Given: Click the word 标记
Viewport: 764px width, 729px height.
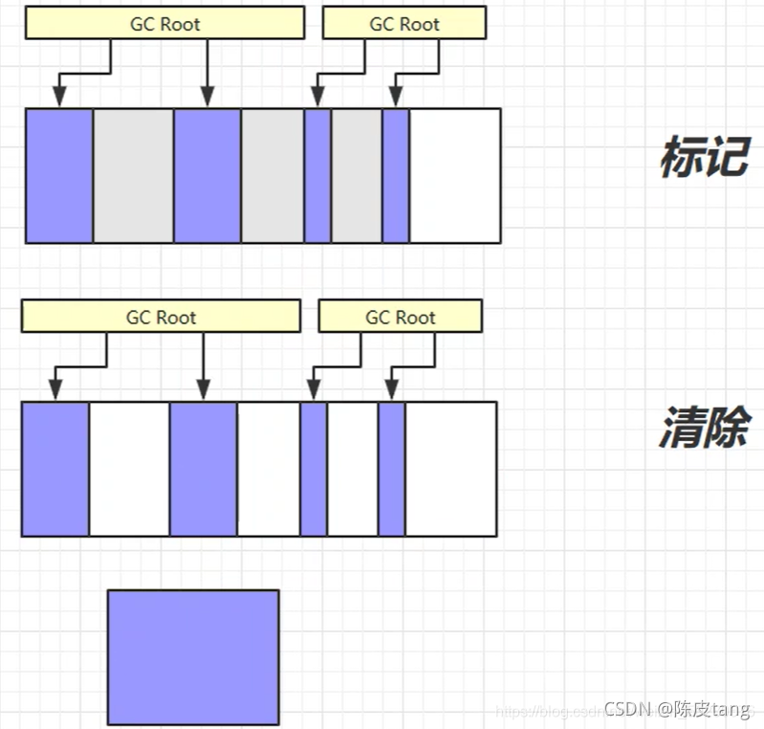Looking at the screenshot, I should [x=703, y=157].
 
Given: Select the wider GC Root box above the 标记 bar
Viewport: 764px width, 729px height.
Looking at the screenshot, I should [x=164, y=24].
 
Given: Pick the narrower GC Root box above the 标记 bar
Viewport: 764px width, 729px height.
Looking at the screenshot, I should [x=404, y=24].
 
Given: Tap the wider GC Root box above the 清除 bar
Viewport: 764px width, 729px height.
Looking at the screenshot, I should [x=161, y=317].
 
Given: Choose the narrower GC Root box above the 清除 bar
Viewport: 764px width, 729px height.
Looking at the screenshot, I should [x=400, y=317].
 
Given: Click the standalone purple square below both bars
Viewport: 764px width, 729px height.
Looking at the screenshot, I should [x=193, y=656].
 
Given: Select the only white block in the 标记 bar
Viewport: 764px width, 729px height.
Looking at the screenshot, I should [x=454, y=175].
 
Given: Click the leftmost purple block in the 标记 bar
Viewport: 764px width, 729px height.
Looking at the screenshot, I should [x=59, y=175].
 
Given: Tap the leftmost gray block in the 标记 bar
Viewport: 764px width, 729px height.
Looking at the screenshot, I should [x=133, y=175].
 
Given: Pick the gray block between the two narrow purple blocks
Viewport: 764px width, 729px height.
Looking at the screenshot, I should [x=356, y=175].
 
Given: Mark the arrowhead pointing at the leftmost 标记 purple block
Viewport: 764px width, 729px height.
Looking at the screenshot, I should [x=59, y=97].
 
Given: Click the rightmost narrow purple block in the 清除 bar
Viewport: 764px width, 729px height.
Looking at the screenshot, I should [x=391, y=469].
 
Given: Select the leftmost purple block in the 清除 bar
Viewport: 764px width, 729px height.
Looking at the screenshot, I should [x=55, y=469].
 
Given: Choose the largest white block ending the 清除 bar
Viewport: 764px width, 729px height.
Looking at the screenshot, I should [x=450, y=469].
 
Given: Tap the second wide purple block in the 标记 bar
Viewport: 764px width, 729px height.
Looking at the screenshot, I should [x=207, y=175].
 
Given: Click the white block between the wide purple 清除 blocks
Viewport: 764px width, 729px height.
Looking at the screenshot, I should [x=129, y=469].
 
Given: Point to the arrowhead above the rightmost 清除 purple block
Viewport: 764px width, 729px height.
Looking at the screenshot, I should [x=390, y=389].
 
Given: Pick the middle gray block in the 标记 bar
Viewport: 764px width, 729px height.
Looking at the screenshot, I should [x=272, y=175].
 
